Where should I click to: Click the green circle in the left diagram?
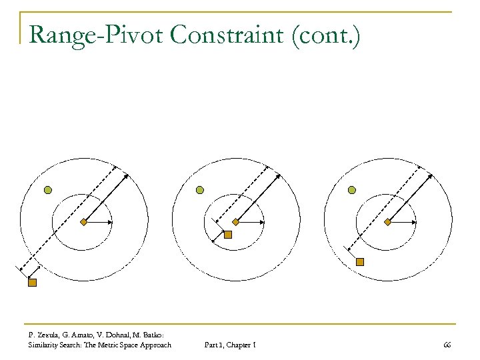48,190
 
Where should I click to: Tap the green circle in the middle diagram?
199,190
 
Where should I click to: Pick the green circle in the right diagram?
352,190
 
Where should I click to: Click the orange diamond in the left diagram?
83,222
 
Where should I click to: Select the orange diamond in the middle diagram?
235,222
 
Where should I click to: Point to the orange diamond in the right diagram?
387,222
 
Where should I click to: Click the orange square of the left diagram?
31,283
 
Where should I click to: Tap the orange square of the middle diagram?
227,235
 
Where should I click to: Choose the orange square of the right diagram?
360,262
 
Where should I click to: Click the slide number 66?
447,345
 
